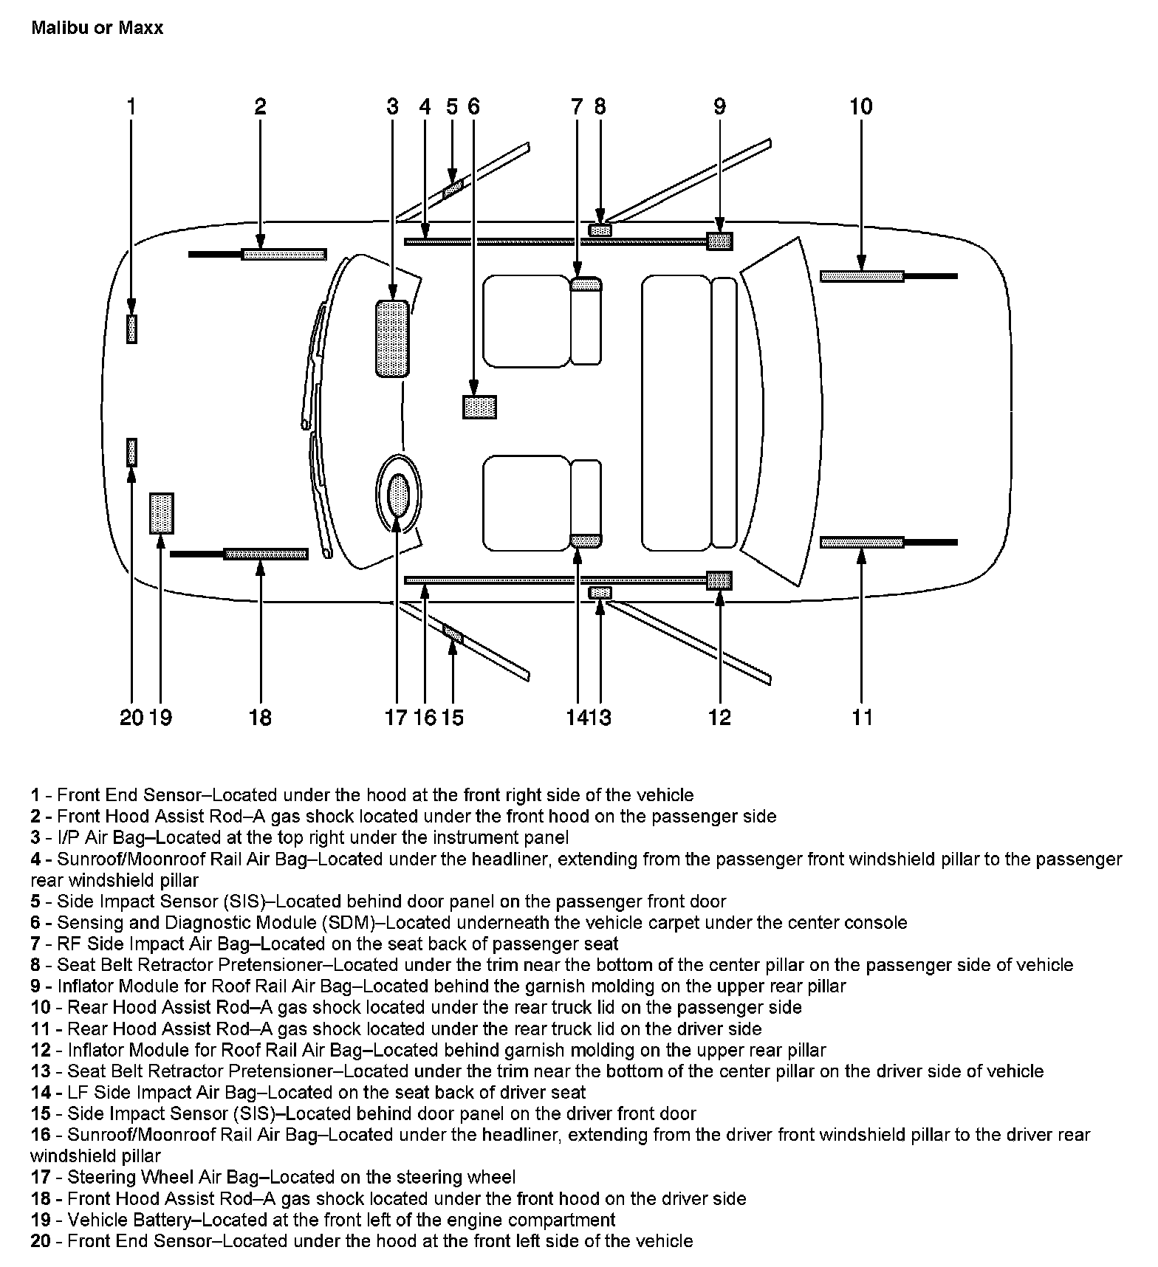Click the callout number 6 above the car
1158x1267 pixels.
473,107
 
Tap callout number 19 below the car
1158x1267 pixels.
160,717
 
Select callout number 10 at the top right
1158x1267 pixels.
861,107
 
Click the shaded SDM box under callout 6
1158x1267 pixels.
479,407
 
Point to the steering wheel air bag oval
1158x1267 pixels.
398,495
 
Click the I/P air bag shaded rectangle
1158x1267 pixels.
392,339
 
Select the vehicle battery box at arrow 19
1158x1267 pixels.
161,513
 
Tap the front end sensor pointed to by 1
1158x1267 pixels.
131,329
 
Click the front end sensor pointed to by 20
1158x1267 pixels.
131,452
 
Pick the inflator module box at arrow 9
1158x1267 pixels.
719,241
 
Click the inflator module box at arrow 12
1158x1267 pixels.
719,580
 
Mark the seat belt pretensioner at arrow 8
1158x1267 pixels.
600,230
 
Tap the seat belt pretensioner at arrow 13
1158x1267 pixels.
600,593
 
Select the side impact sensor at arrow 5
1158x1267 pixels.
452,189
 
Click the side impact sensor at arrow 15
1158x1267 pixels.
452,633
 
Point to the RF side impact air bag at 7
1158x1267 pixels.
586,285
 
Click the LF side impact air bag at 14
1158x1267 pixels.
586,541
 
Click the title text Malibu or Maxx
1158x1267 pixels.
97,28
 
